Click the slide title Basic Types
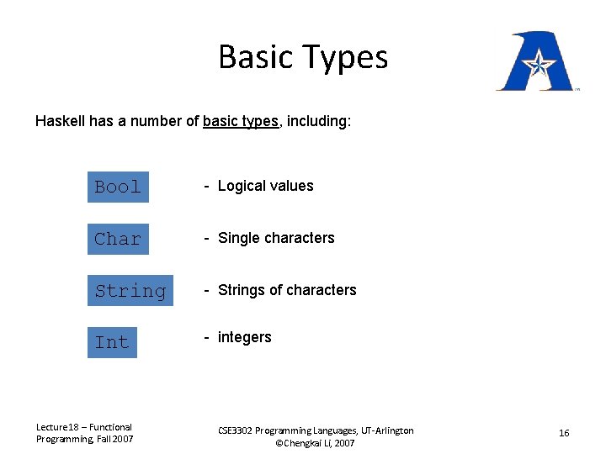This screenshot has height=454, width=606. [x=303, y=57]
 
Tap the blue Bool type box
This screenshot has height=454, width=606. [x=118, y=187]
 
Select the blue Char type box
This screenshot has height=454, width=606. [x=118, y=239]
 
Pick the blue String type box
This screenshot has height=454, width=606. [x=130, y=291]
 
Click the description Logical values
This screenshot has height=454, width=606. [x=265, y=186]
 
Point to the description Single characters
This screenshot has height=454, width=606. [x=276, y=238]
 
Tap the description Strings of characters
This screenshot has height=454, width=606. [x=287, y=290]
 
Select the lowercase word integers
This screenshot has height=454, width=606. [x=244, y=337]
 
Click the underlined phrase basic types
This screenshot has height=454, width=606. [x=240, y=121]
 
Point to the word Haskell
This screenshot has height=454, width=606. [x=58, y=121]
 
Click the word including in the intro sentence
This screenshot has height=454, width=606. [x=319, y=121]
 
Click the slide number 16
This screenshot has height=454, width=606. [x=564, y=433]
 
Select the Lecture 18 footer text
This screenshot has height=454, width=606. [x=84, y=433]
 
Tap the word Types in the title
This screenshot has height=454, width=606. [x=347, y=57]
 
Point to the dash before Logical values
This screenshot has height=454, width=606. [x=207, y=186]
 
